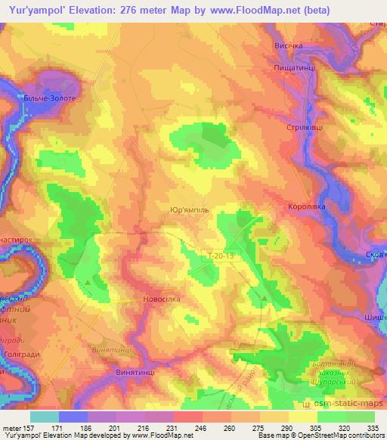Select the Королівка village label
tap(306, 206)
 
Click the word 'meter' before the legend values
tap(12, 428)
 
